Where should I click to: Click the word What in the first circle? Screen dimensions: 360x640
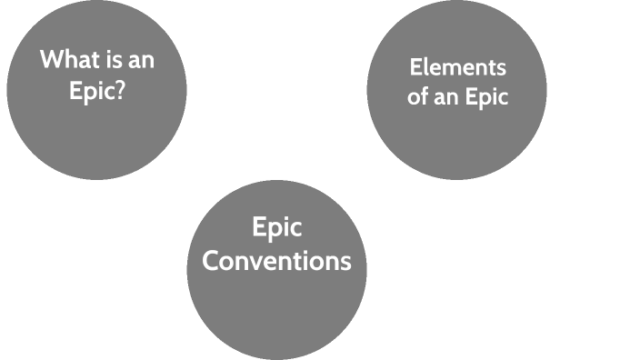pyautogui.click(x=66, y=60)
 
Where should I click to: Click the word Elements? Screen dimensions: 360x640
pyautogui.click(x=457, y=67)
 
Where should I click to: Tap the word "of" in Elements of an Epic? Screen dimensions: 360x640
pyautogui.click(x=418, y=97)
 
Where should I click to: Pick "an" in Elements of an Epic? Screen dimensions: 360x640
pyautogui.click(x=447, y=97)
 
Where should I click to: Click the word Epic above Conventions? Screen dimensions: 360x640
pyautogui.click(x=276, y=227)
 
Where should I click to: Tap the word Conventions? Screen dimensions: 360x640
pyautogui.click(x=276, y=261)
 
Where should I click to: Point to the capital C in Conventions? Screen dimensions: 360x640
pyautogui.click(x=211, y=261)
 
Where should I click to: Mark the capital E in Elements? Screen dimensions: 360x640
pyautogui.click(x=415, y=67)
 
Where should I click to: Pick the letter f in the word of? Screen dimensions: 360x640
pyautogui.click(x=425, y=96)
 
